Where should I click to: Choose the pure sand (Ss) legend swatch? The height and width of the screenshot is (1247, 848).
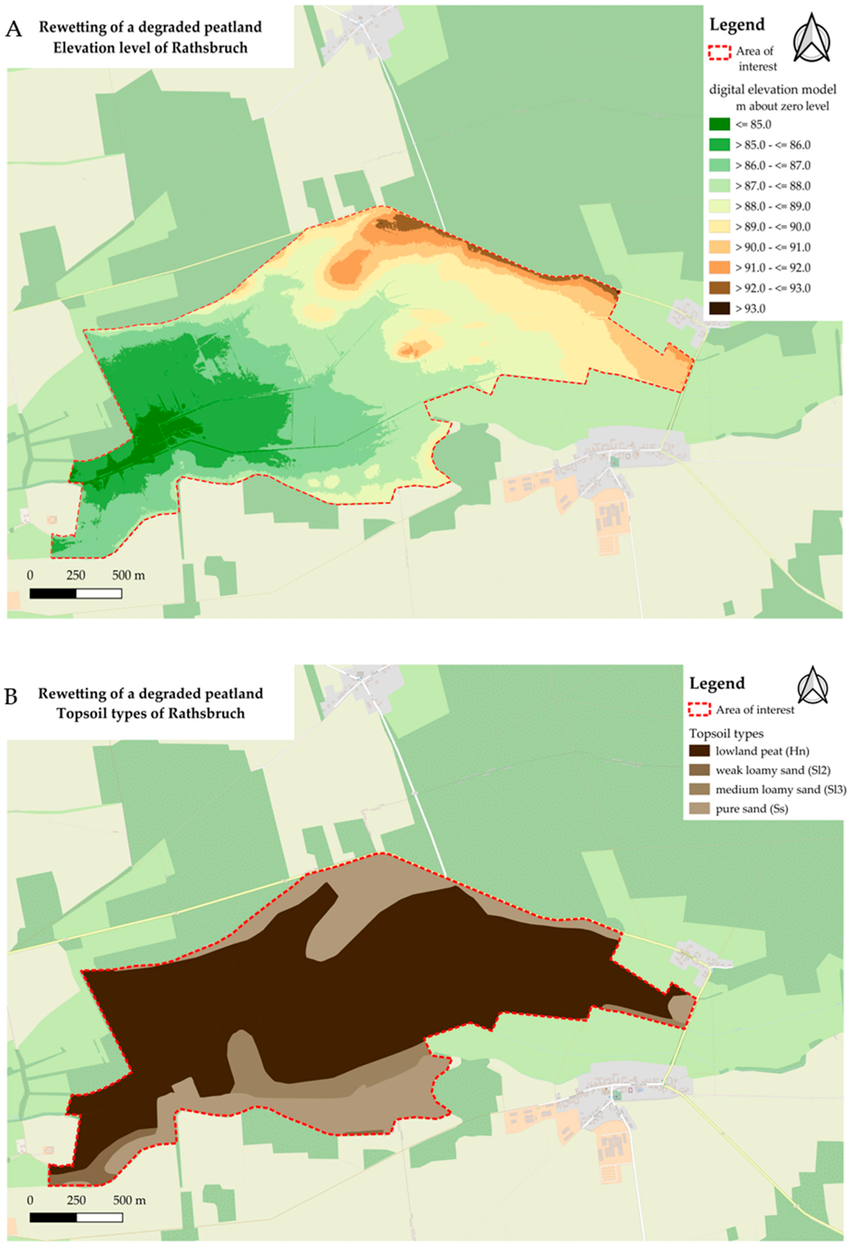point(699,809)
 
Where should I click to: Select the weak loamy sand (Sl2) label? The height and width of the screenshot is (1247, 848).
point(772,771)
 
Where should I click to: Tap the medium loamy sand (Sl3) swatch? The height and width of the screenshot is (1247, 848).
point(699,789)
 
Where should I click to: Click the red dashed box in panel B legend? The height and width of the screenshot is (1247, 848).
point(699,710)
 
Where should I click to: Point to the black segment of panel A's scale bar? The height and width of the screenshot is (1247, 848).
point(53,593)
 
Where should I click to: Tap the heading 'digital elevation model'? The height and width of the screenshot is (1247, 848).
point(772,90)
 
